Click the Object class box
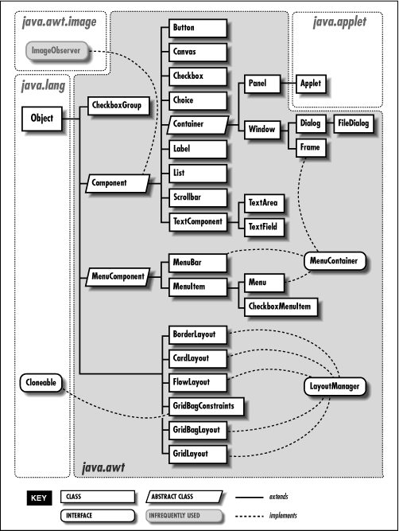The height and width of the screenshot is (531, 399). click(x=42, y=119)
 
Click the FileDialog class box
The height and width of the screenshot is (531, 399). click(x=354, y=124)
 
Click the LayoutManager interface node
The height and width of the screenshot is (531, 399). click(x=335, y=387)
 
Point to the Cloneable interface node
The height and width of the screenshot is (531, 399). click(x=41, y=383)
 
